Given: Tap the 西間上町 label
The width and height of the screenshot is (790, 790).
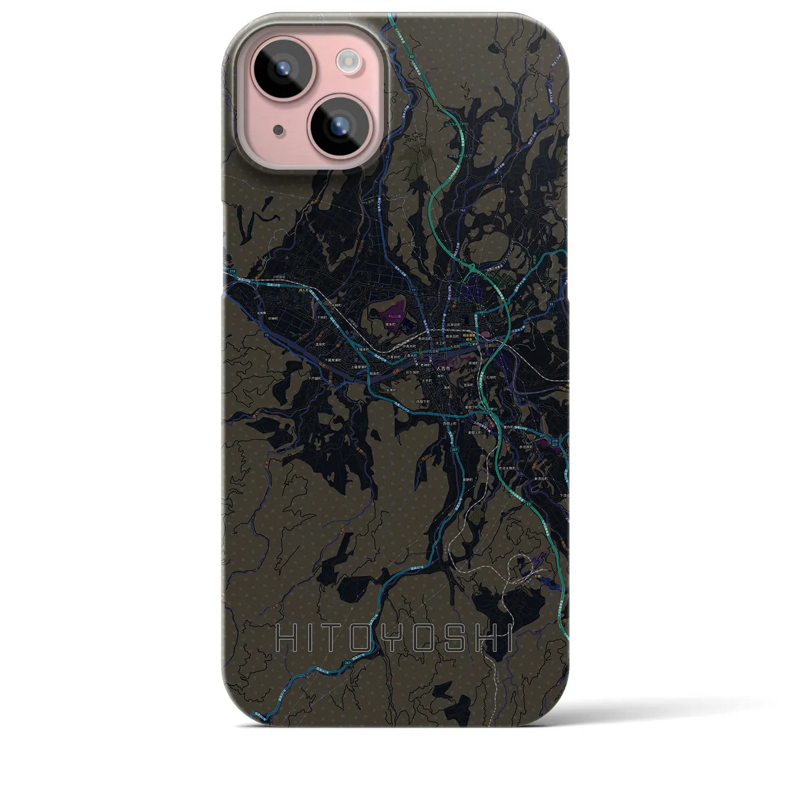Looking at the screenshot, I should pyautogui.click(x=450, y=424).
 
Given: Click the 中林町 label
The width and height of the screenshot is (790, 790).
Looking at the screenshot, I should pyautogui.click(x=336, y=305).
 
